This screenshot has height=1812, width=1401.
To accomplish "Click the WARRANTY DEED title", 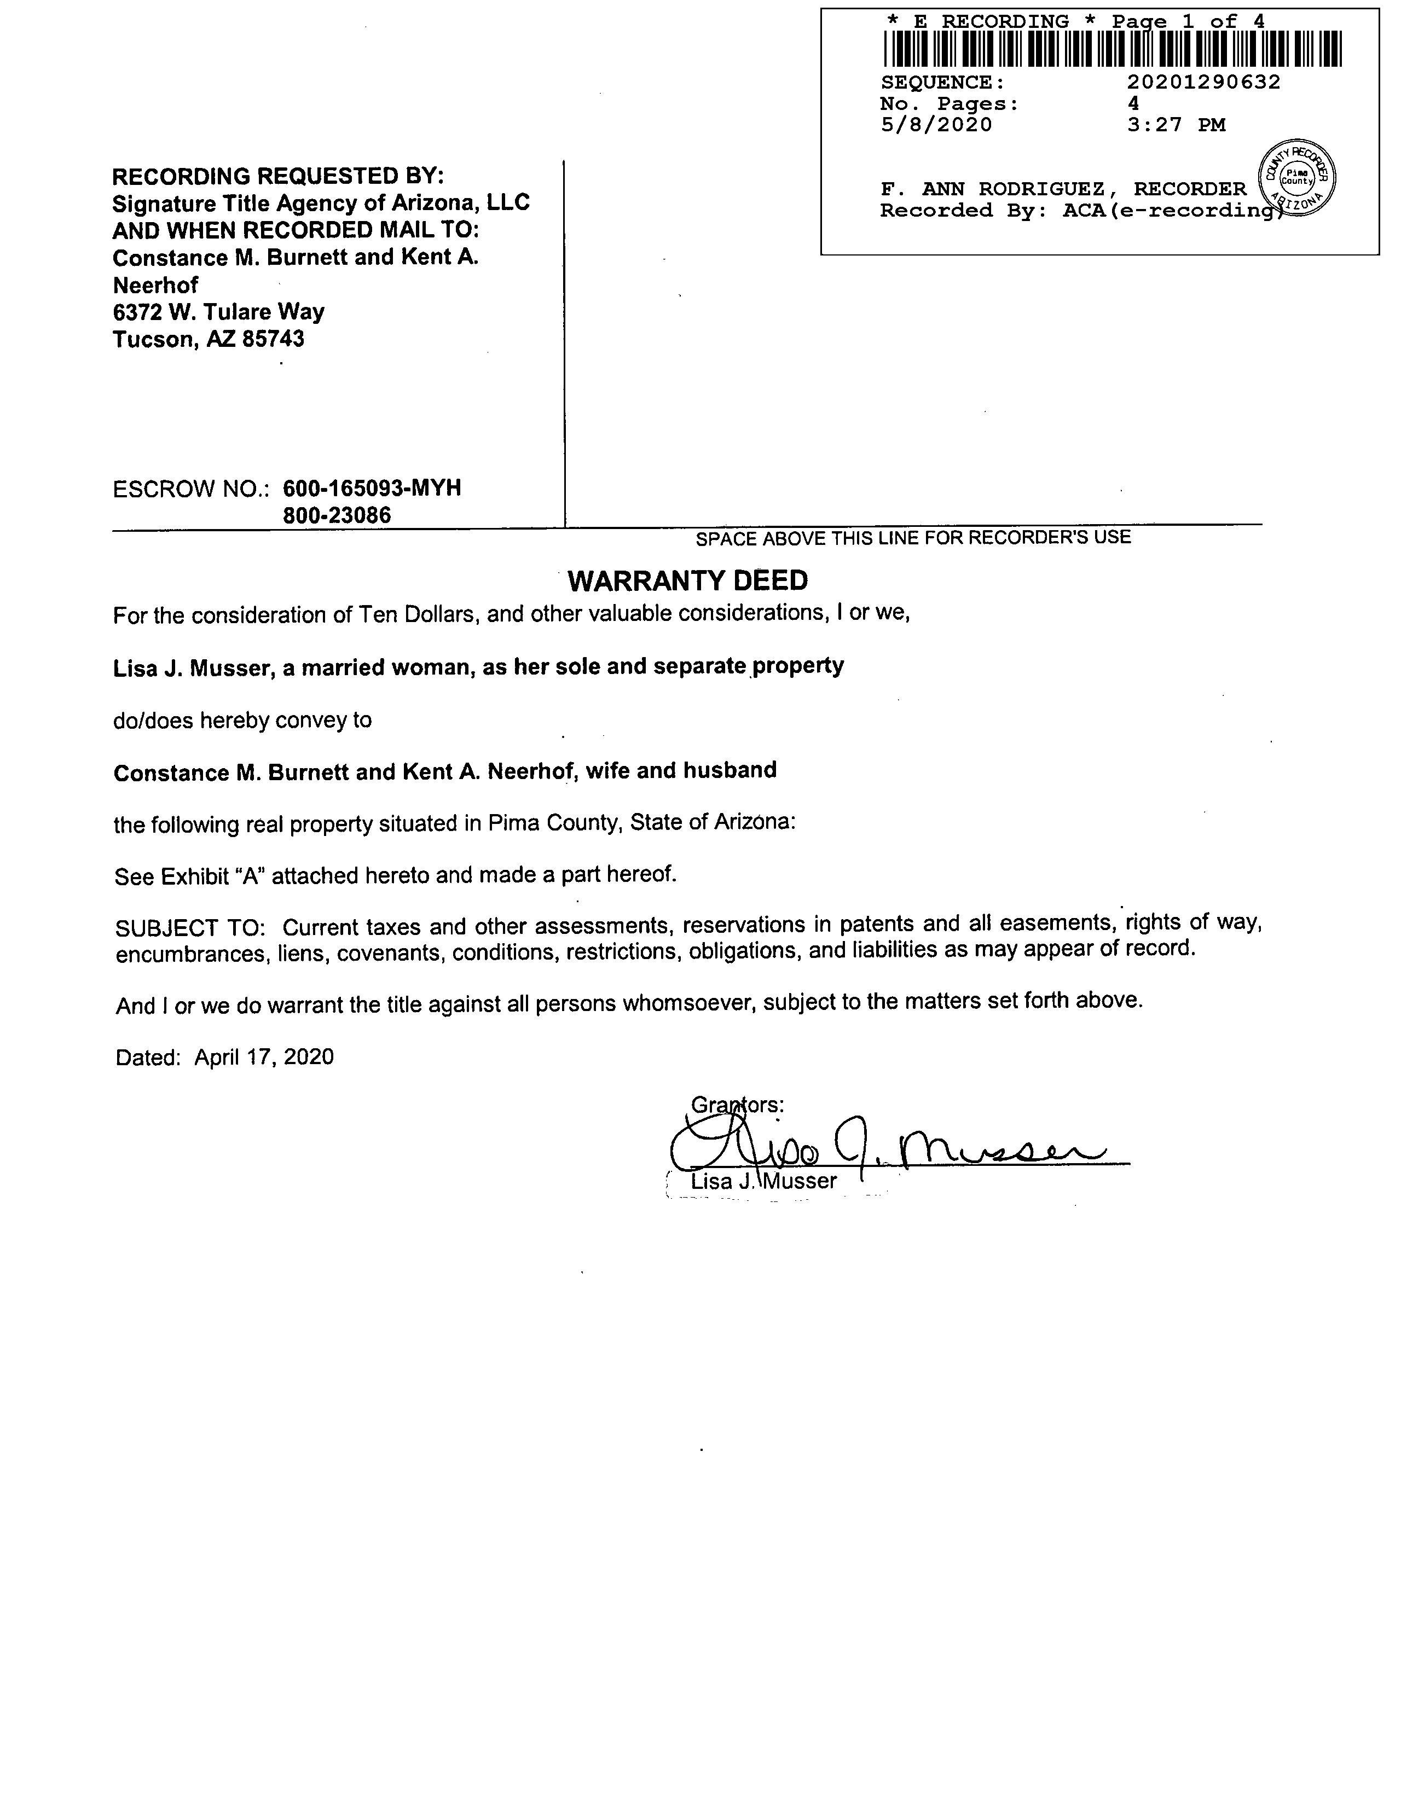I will (x=687, y=581).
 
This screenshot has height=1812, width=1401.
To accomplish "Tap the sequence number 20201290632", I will (x=1203, y=82).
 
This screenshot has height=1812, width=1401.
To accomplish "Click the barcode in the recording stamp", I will (x=1112, y=48).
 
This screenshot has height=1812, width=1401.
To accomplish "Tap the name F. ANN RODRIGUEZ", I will (x=993, y=189).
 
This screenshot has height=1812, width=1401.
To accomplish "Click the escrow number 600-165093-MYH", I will (x=372, y=488).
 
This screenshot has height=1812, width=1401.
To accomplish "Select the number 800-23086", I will (x=337, y=515).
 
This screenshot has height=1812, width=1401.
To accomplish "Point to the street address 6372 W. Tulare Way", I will (x=218, y=312).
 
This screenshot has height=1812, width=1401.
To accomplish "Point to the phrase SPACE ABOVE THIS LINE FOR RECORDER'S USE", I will (x=913, y=538).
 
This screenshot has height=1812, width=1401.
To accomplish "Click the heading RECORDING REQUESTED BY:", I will (x=278, y=176).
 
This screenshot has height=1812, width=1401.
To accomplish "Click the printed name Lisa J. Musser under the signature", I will (x=763, y=1181).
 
